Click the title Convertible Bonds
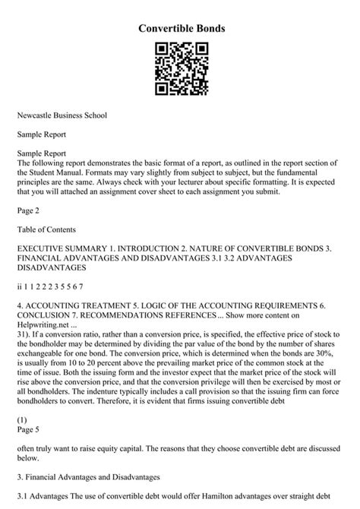180,28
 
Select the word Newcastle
38,115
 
